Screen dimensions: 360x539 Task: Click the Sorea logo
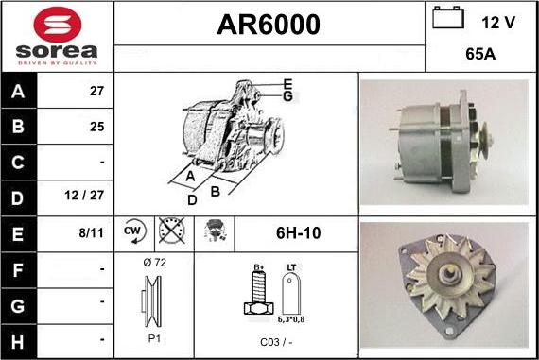tap(57, 37)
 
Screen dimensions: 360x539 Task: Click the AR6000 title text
tap(269, 25)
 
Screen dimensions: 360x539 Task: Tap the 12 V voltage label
tap(499, 21)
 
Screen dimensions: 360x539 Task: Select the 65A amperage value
tap(481, 55)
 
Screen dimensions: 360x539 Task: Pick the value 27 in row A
tap(96, 93)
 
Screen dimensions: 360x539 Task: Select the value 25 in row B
tap(96, 126)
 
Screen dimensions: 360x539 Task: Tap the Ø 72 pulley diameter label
tap(153, 262)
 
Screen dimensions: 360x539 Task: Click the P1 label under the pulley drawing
tap(153, 338)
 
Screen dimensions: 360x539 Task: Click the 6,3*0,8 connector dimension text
tap(293, 320)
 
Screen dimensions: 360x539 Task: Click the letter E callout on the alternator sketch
tap(287, 83)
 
